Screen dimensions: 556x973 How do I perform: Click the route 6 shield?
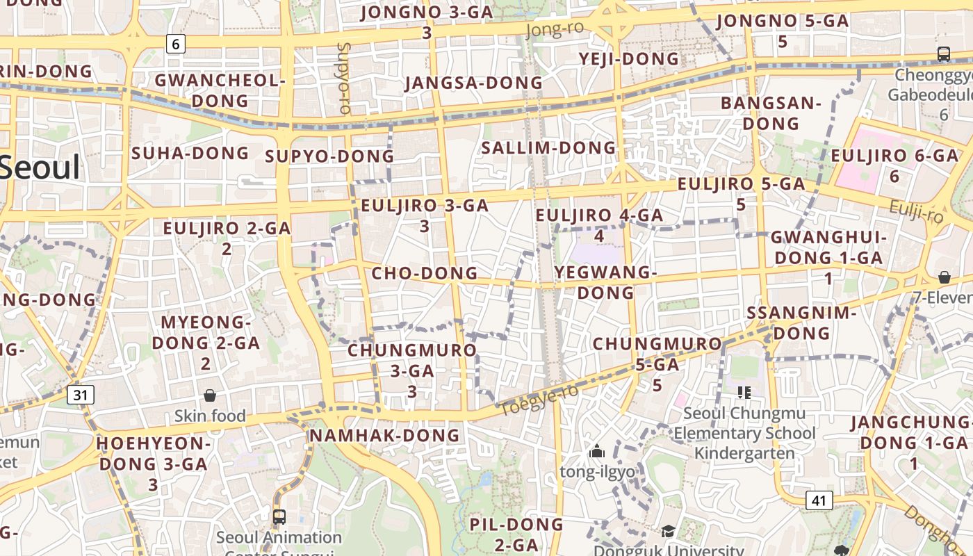(x=175, y=44)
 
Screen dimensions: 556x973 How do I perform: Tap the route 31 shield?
(x=81, y=395)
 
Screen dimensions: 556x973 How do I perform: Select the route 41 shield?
(x=820, y=500)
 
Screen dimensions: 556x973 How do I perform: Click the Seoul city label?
(x=40, y=167)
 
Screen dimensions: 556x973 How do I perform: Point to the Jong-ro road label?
(x=555, y=28)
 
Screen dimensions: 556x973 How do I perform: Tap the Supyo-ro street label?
(x=343, y=78)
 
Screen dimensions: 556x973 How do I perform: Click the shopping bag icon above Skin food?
(x=210, y=395)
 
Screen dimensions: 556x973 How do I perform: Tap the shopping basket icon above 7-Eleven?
(x=944, y=277)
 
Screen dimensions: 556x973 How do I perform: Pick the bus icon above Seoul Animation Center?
(x=279, y=517)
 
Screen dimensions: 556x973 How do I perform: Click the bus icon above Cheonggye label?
(x=943, y=54)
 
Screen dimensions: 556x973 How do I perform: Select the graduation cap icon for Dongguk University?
(x=668, y=532)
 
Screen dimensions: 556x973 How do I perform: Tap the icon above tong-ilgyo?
(x=596, y=452)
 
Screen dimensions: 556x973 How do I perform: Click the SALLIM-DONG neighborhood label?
(x=548, y=147)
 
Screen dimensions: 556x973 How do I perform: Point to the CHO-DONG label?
(x=425, y=273)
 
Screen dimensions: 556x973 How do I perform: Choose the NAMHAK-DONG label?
(x=384, y=436)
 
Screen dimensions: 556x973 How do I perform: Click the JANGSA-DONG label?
(x=473, y=83)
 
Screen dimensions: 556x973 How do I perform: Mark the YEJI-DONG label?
(x=629, y=59)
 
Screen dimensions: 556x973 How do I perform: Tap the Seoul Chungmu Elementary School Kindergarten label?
(x=744, y=433)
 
